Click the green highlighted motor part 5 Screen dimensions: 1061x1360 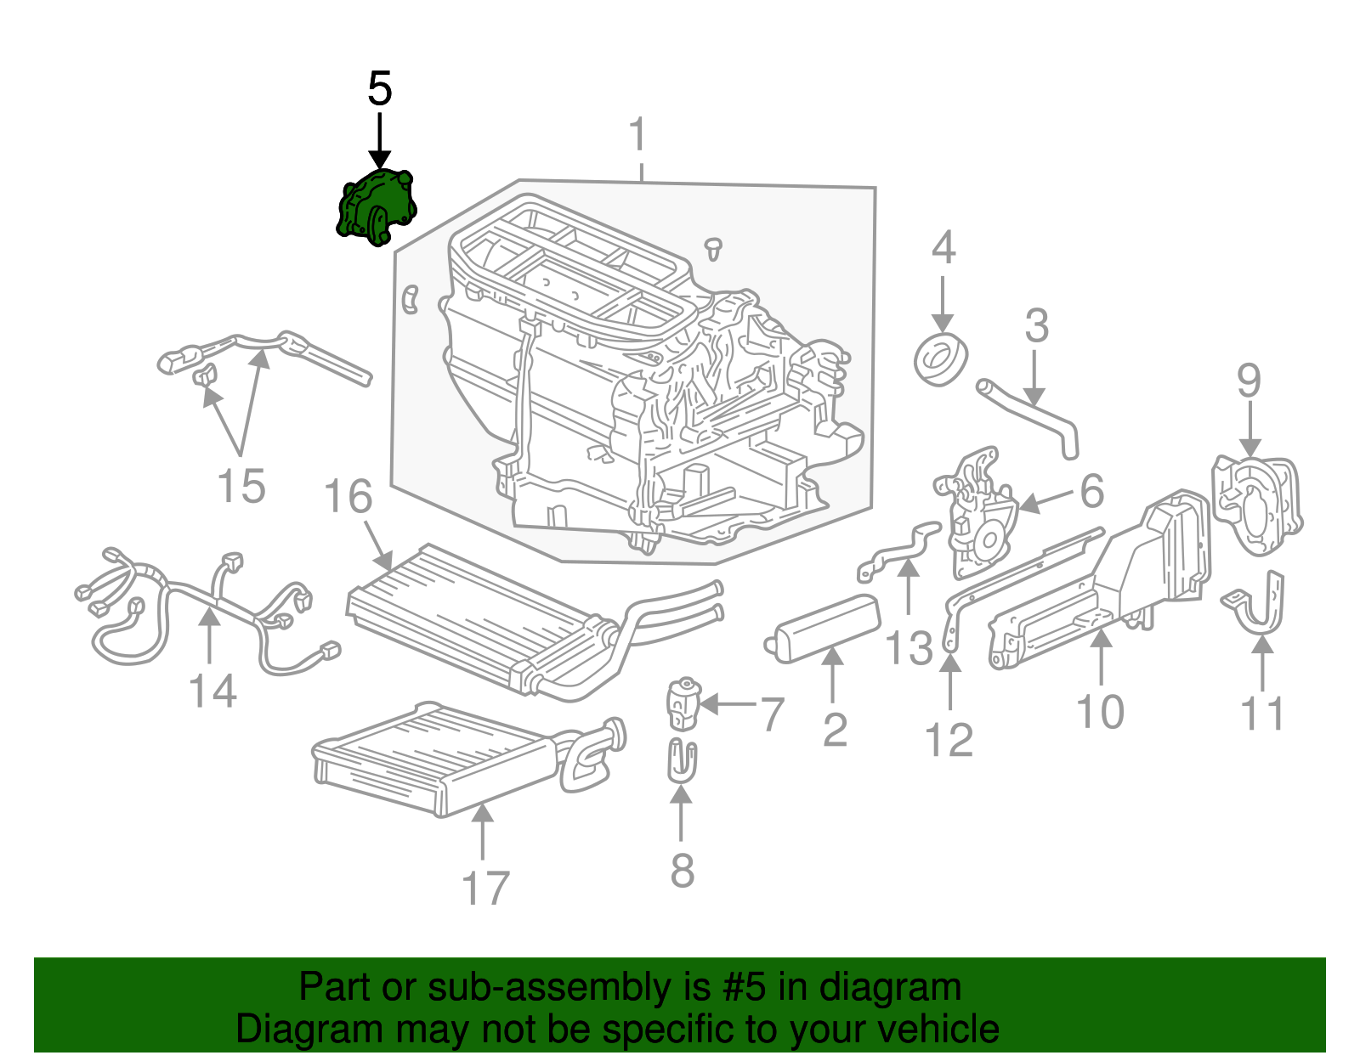(x=377, y=208)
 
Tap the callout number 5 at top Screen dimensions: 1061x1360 (x=379, y=89)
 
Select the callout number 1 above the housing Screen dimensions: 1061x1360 (x=637, y=137)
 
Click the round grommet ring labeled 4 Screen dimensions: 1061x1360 (x=940, y=360)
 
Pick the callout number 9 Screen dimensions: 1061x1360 (x=1249, y=381)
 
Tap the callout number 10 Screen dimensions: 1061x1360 (x=1100, y=712)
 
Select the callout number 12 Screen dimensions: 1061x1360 (x=949, y=740)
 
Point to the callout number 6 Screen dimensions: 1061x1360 (x=1092, y=491)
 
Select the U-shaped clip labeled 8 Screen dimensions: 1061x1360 (x=681, y=759)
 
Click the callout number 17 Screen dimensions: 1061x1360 (x=484, y=889)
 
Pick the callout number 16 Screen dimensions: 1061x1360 (x=348, y=497)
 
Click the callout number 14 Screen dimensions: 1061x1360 (x=212, y=691)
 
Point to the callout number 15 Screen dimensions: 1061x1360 (x=241, y=487)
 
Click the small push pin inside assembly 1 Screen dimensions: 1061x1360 (x=714, y=248)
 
